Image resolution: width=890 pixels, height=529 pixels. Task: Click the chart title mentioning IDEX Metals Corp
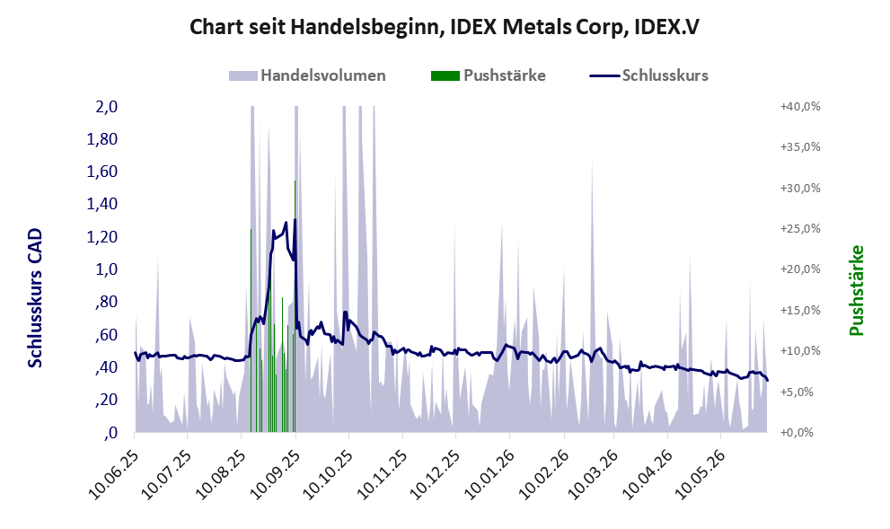[x=444, y=27]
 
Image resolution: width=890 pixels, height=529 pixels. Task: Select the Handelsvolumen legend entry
[x=307, y=75]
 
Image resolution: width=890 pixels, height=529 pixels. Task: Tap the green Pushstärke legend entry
[x=489, y=75]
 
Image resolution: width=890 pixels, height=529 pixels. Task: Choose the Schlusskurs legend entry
[x=648, y=75]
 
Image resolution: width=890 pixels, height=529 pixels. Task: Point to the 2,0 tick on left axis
[x=106, y=106]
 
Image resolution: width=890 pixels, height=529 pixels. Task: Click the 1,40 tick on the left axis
[x=102, y=204]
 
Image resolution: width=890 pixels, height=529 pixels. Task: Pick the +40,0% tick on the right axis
[x=800, y=106]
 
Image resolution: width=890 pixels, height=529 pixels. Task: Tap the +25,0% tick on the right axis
[x=800, y=228]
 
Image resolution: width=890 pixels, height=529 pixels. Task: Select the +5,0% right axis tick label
[x=803, y=392]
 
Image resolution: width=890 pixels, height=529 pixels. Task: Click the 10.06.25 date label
[x=114, y=474]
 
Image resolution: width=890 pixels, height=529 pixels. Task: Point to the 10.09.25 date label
[x=274, y=474]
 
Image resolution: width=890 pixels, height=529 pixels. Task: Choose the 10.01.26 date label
[x=489, y=474]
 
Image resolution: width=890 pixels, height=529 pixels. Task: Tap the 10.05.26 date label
[x=700, y=474]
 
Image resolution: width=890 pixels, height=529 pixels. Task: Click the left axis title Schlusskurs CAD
[x=35, y=298]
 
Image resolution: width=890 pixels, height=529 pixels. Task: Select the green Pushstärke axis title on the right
[x=856, y=290]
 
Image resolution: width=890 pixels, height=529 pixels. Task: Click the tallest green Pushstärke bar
[x=295, y=306]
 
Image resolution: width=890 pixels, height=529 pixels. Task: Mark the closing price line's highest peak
[x=295, y=220]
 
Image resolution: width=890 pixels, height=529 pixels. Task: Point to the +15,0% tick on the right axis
[x=800, y=310]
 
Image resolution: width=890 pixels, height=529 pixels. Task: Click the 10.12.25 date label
[x=436, y=474]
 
